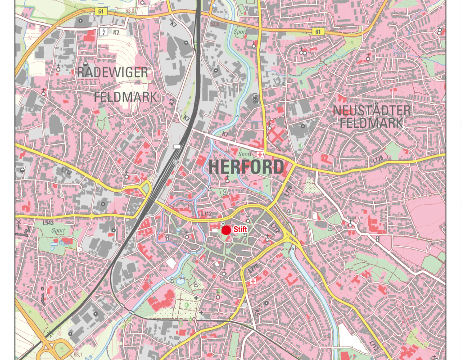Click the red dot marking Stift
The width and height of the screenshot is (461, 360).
coord(226,230)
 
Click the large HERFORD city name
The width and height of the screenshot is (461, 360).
coord(246,167)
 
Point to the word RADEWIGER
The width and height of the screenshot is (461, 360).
coord(112,72)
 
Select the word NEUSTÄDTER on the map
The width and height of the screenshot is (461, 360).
coord(372,110)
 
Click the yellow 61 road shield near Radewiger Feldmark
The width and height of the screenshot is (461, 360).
coord(101,11)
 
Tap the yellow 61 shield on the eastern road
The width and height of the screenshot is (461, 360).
coord(317,31)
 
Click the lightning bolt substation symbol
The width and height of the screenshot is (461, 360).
coord(104,31)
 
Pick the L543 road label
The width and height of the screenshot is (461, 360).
coord(48,223)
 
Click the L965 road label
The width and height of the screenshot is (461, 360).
coord(255,99)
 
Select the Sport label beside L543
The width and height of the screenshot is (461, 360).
coord(58,230)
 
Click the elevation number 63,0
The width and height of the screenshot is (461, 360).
coord(131,10)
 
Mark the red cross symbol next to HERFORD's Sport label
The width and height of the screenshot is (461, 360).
coord(259,154)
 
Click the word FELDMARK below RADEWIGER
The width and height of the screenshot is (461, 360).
coord(126,97)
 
